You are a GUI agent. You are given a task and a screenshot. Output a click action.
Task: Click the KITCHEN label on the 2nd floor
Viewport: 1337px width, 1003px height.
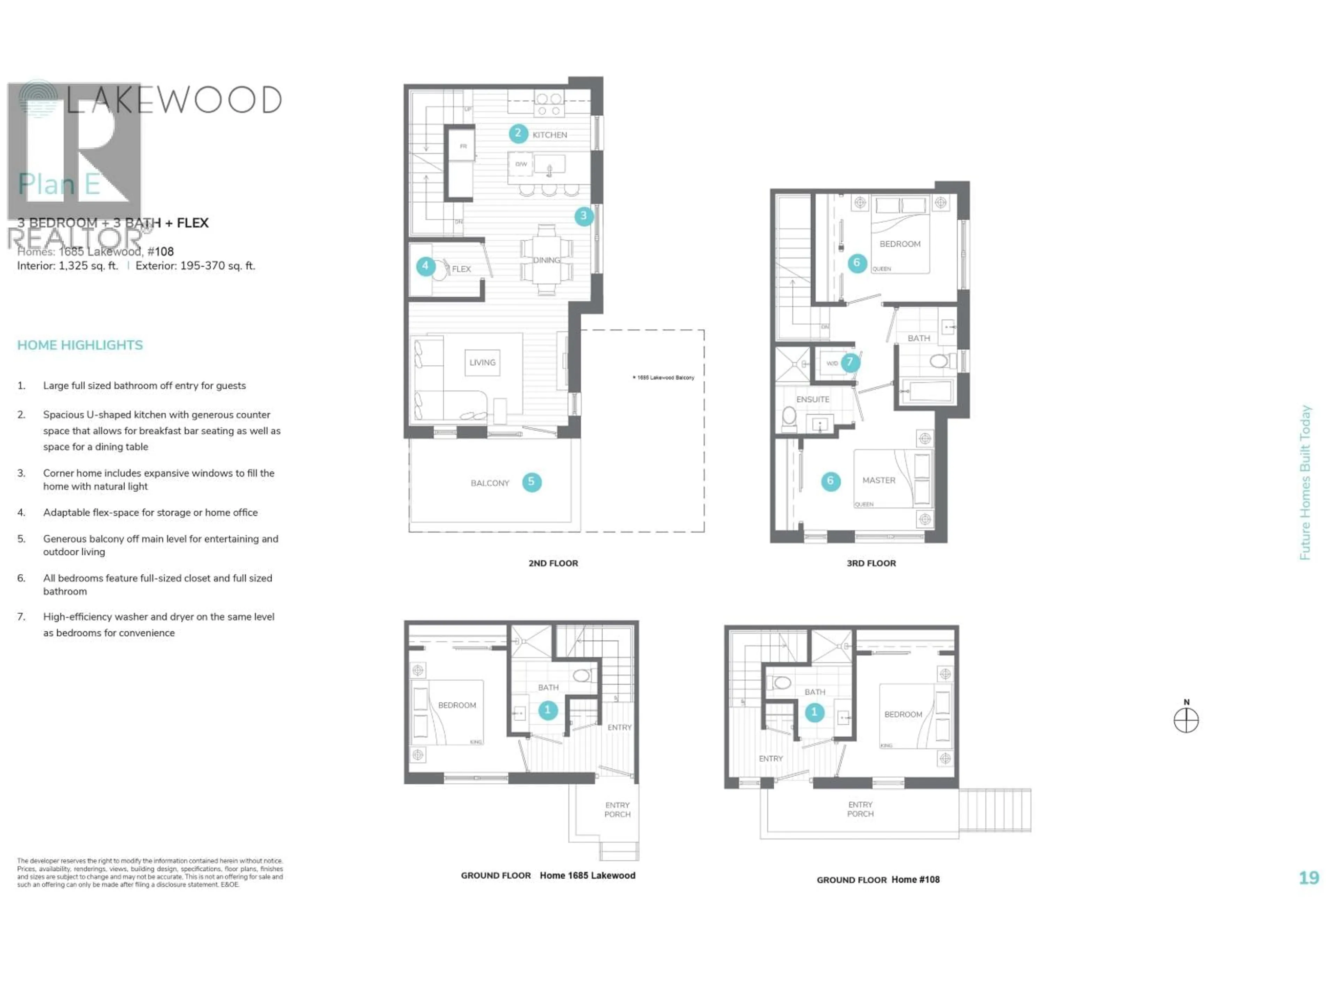point(549,135)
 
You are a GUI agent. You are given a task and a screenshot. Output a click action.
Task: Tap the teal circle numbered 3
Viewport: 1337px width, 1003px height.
point(583,216)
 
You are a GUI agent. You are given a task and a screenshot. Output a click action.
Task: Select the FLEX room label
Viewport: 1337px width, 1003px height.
point(461,269)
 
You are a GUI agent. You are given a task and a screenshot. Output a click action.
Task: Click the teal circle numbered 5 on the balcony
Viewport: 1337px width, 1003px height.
point(531,482)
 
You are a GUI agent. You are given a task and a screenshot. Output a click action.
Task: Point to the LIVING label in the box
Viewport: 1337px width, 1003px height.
point(482,363)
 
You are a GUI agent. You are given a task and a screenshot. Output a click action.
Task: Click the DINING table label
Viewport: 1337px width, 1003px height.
point(546,260)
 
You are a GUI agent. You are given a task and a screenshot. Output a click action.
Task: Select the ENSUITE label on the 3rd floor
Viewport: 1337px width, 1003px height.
point(812,399)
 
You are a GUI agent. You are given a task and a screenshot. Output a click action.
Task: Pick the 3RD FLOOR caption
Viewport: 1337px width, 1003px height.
point(871,563)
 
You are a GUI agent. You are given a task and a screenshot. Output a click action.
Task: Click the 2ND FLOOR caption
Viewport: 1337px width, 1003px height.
point(553,563)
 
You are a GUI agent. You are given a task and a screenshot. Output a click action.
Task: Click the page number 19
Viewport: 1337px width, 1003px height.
point(1308,878)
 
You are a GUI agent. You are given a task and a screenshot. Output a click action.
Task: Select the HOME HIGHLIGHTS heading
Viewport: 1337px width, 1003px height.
point(80,345)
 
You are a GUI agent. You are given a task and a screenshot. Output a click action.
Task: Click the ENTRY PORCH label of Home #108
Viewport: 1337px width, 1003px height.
point(860,809)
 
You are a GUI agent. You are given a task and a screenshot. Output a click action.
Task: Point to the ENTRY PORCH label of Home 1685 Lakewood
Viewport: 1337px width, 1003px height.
point(617,809)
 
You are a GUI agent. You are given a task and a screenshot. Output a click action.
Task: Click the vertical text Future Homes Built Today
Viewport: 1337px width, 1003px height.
point(1305,482)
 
